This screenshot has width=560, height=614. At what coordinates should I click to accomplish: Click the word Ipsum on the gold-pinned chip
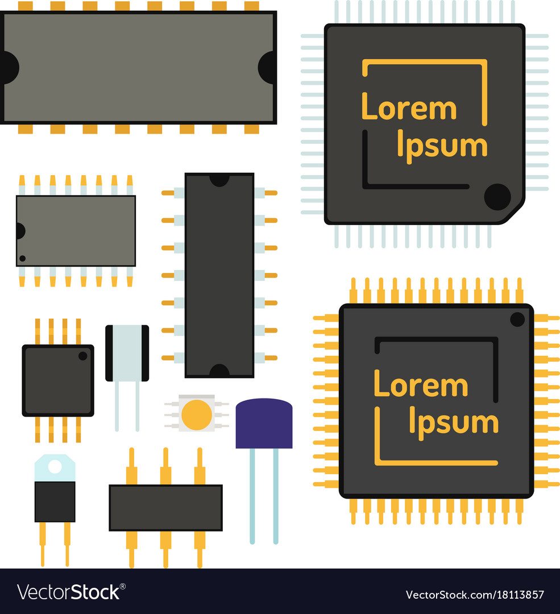454,423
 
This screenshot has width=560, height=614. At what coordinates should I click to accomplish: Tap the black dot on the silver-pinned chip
497,197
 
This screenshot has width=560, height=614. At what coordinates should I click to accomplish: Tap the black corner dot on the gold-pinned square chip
517,320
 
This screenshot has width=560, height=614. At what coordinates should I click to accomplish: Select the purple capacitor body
264,424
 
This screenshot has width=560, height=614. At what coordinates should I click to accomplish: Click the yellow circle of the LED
197,414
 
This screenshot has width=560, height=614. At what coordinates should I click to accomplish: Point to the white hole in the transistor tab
55,467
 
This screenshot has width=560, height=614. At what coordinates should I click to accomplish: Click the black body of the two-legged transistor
55,501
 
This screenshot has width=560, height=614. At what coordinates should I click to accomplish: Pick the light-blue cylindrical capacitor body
127,353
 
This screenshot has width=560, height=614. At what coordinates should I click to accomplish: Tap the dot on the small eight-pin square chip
82,356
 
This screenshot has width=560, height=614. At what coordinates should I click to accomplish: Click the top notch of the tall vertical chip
219,180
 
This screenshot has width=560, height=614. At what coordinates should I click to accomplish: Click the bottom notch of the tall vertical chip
219,371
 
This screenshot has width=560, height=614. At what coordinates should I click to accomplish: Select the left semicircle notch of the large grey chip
10,67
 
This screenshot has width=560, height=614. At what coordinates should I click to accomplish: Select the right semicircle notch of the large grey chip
267,67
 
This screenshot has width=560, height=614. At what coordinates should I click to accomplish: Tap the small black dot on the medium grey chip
22,259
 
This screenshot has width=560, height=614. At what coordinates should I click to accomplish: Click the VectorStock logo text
71,592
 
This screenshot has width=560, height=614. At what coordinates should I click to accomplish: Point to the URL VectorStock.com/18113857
475,595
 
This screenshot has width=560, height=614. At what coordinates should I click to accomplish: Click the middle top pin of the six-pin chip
165,466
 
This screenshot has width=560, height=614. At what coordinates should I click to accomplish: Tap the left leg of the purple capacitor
252,496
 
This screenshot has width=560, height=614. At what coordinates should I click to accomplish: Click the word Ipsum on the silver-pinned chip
442,147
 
